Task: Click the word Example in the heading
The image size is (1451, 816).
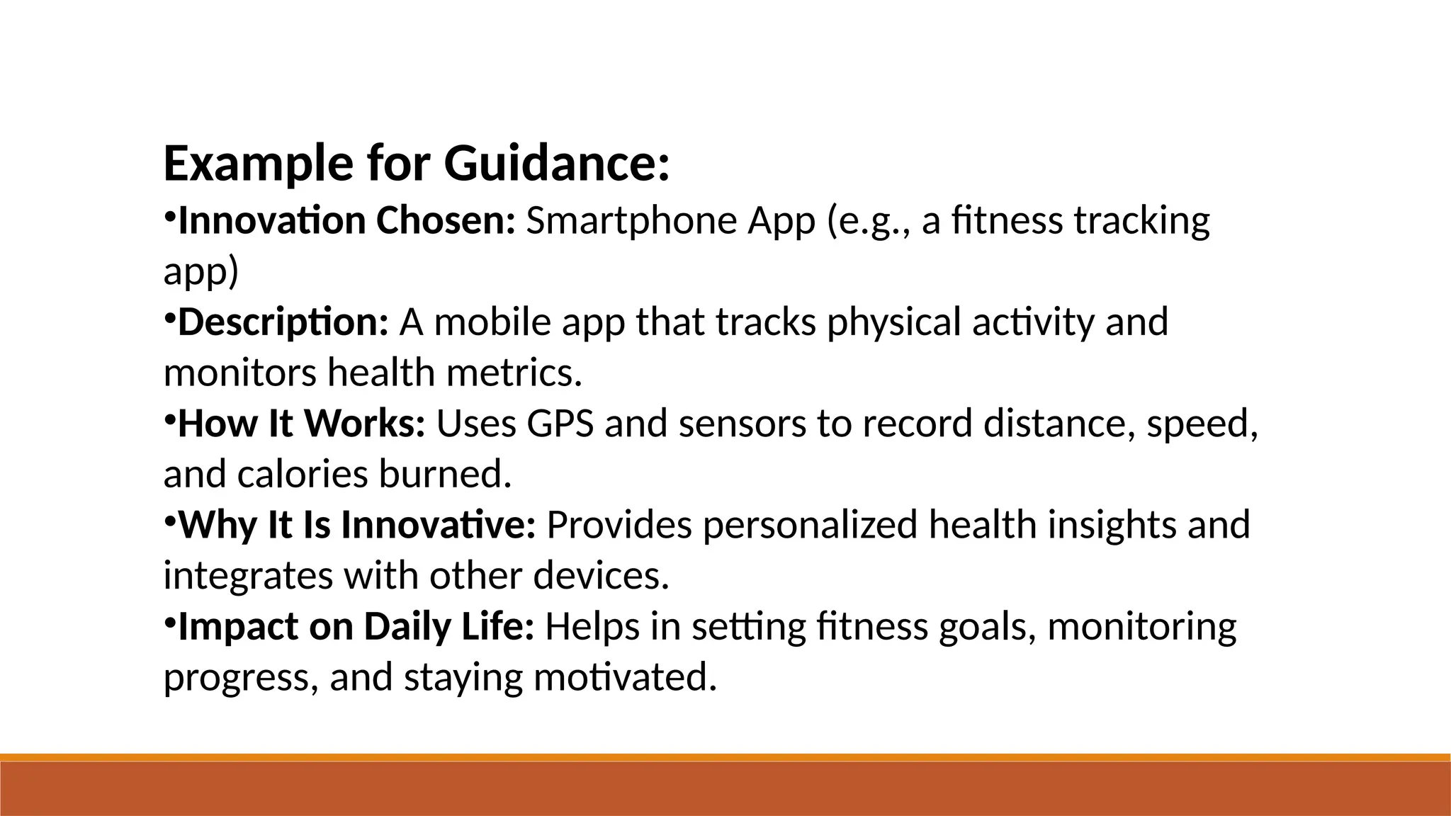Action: [258, 164]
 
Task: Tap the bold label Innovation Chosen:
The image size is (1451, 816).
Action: [346, 221]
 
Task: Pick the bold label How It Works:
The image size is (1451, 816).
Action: [301, 424]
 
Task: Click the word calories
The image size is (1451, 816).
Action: [303, 475]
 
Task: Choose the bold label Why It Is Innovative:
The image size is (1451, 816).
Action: [357, 526]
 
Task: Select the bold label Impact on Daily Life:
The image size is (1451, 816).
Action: [356, 627]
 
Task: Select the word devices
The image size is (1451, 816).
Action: [601, 576]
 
